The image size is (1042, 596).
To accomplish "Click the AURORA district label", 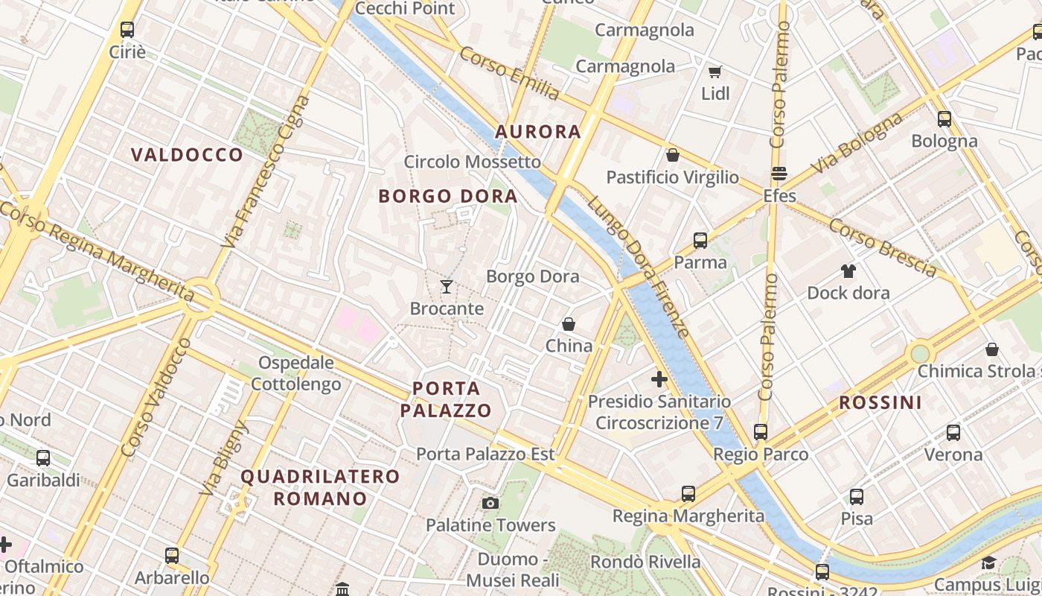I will (x=537, y=132).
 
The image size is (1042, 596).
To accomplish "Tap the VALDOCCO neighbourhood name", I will (x=187, y=155).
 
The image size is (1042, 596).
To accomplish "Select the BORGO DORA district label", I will (x=447, y=196).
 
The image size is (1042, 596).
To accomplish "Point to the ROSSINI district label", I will (x=880, y=403).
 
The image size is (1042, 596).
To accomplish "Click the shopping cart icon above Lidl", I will (x=715, y=72).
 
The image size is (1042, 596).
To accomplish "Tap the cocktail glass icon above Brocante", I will (x=447, y=286).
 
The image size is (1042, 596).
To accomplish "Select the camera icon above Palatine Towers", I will (x=490, y=503).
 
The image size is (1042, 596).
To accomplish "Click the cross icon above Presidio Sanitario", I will (x=659, y=379).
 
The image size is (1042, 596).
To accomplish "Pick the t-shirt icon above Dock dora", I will (x=848, y=270).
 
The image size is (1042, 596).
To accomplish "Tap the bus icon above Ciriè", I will (x=127, y=30).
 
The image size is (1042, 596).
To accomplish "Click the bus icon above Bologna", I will (x=944, y=118).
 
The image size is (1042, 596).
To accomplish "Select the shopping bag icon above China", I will (x=569, y=324).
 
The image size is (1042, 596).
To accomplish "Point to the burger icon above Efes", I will (x=779, y=174).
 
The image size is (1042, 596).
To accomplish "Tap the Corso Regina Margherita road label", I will (x=97, y=253).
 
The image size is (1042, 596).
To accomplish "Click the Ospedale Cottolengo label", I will (x=295, y=374).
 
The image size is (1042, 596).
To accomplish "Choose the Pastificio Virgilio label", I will (x=672, y=177).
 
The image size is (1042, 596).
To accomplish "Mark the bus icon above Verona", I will (x=953, y=432).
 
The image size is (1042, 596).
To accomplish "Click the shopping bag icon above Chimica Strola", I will (x=991, y=349).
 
